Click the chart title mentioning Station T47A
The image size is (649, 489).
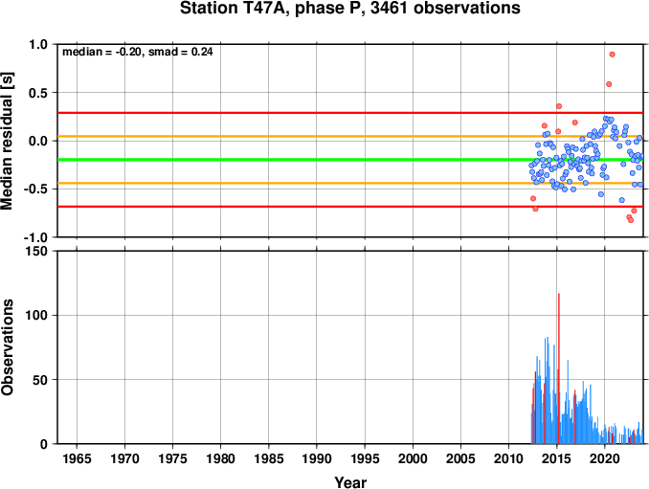pos(349,8)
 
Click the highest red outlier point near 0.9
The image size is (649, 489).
pos(613,55)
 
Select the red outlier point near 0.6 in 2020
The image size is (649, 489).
pos(609,84)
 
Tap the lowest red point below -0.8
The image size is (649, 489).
pos(631,220)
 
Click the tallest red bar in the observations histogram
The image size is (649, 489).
pos(559,368)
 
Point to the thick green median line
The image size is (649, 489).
pos(350,160)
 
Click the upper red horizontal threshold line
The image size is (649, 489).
pos(350,113)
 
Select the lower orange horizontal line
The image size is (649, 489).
pos(350,183)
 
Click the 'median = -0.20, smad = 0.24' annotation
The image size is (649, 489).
pos(138,52)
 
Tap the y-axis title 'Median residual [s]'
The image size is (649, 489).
pos(7,141)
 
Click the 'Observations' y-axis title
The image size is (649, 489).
pos(7,347)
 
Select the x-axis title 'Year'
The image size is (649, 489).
pos(350,482)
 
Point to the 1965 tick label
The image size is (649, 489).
pos(77,458)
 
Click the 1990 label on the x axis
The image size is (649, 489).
pos(317,458)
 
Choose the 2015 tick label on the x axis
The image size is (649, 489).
pos(557,458)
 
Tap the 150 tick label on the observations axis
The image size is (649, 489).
pos(37,251)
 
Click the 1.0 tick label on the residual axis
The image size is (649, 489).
pos(38,44)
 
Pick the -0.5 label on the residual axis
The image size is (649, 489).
pos(36,189)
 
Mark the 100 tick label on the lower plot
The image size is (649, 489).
pos(37,315)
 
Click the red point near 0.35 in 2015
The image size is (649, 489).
pos(559,106)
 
